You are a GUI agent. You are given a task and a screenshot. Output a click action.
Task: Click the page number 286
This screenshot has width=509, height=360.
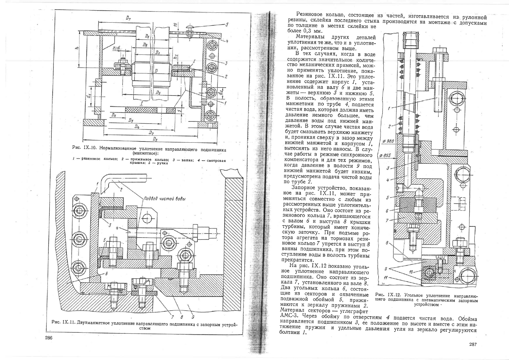[49, 338]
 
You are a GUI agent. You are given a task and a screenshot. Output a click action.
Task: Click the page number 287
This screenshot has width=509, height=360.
[473, 344]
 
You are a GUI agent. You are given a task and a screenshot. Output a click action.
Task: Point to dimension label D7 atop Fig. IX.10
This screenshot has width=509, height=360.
[128, 18]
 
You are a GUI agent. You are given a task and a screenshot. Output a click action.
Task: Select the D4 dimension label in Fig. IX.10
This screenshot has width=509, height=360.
[137, 127]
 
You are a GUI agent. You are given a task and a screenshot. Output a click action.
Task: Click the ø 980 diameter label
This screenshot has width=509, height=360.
[387, 141]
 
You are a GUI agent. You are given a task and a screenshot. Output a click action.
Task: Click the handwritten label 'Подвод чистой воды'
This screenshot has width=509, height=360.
[164, 199]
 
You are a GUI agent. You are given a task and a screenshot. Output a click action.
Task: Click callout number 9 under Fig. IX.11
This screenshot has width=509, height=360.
[193, 317]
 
